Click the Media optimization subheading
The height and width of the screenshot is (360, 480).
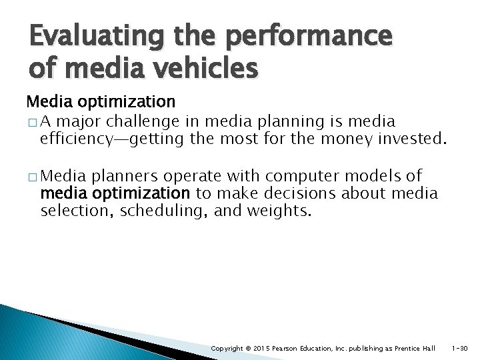[101, 102]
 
